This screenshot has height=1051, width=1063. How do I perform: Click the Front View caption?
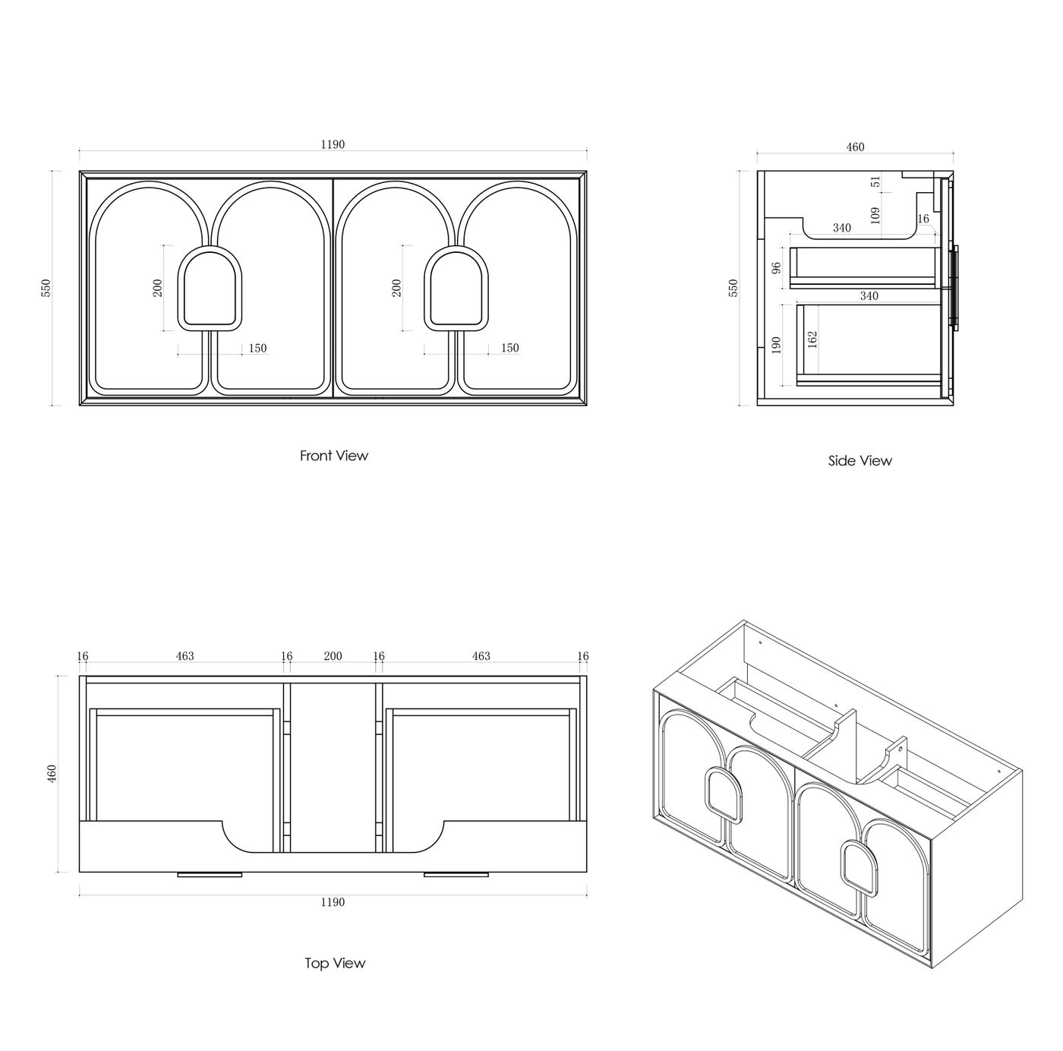pos(334,456)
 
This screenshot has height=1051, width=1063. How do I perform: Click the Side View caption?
pos(860,461)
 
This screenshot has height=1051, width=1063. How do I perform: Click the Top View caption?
pos(335,963)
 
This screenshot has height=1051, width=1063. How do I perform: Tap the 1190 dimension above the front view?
pos(333,144)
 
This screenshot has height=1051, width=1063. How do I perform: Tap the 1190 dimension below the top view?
pos(333,902)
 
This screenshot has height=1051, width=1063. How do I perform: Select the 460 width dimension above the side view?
pos(855,147)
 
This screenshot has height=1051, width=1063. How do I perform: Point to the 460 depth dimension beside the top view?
pos(52,774)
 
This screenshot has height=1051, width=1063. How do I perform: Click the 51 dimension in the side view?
pos(876,181)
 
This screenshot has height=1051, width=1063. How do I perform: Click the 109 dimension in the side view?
pos(875,215)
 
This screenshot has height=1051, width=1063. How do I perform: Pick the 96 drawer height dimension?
pos(777,268)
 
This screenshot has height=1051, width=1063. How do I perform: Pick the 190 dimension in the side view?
pos(777,345)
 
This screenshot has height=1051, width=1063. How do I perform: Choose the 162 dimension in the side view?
pos(812,339)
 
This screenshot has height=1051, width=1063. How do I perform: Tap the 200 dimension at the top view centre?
pos(333,656)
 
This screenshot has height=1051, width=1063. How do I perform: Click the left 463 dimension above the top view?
pos(185,656)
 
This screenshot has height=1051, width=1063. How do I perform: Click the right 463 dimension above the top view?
pos(481,656)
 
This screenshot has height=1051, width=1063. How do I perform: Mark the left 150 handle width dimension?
pos(257,348)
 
